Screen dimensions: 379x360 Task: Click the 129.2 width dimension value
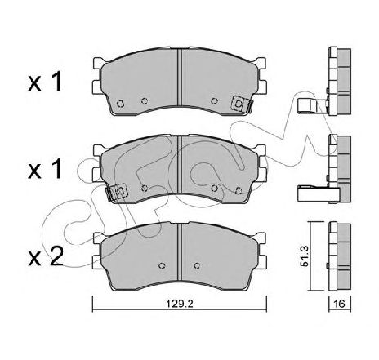point(180,303)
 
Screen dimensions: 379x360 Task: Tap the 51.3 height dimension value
point(304,256)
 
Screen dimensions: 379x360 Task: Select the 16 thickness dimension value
point(340,303)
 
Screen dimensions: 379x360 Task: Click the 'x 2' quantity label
point(46,256)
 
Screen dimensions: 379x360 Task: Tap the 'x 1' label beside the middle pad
point(45,169)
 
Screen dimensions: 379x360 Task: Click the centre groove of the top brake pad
point(180,78)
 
